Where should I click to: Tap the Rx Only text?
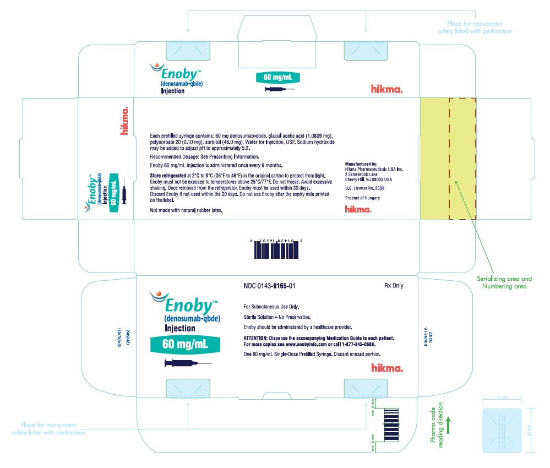pos(394,286)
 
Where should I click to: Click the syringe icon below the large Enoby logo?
pos(187,363)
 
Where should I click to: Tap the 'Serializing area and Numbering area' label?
pos(504,282)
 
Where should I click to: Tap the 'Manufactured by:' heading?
pos(361,164)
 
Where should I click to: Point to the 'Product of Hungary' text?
pos(362,198)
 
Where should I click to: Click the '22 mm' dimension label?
pos(501,397)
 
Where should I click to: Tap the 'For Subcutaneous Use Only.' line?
pos(271,306)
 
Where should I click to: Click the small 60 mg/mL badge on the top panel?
pos(277,77)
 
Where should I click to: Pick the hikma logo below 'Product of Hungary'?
pos(357,209)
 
